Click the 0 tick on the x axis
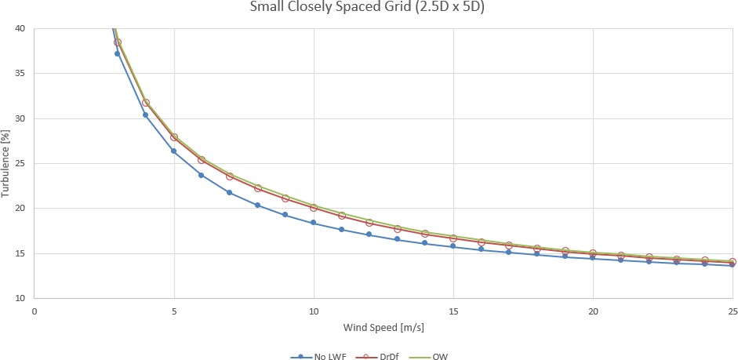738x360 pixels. (x=35, y=311)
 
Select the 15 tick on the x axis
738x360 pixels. (x=453, y=311)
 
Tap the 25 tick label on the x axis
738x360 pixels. (x=733, y=311)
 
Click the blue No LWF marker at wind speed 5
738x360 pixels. (x=173, y=151)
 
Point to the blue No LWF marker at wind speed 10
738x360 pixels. (x=313, y=223)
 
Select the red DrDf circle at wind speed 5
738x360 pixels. (x=174, y=137)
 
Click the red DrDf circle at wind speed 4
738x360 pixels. (x=146, y=103)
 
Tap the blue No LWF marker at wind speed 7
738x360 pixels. (x=229, y=192)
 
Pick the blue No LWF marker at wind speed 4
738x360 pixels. (x=145, y=115)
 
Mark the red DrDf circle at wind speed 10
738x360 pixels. (x=314, y=208)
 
